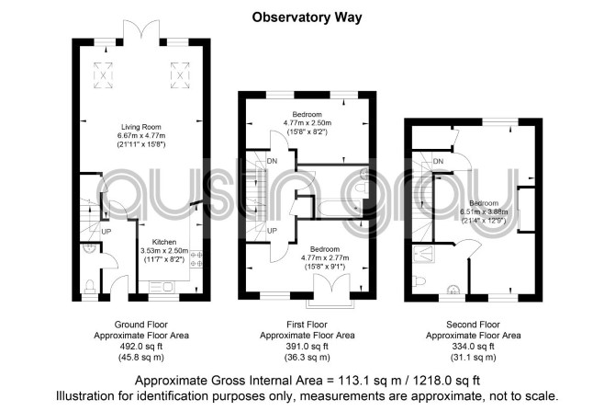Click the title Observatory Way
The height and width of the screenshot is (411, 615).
coord(307,17)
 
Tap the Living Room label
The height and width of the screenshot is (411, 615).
coord(141,127)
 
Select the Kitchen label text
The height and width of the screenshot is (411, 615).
coord(164,242)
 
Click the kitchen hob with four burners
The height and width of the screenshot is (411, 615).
coord(196,259)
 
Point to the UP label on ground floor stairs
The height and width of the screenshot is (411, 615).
coord(106,232)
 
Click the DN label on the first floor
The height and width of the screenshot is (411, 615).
coord(273,161)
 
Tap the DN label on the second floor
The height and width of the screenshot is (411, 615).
coord(439,161)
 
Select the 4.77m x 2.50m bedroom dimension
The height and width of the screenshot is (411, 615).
coord(307,123)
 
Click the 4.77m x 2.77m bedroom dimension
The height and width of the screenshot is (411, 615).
coord(325,257)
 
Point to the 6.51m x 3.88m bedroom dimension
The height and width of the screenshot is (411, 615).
coord(484,211)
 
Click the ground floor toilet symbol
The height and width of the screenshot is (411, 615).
coord(90,286)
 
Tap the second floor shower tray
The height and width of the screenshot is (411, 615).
coord(423,254)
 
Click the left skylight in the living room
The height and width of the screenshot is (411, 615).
coord(103,75)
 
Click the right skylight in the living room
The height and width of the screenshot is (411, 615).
coord(180,75)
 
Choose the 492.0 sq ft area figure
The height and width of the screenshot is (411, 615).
coord(141,347)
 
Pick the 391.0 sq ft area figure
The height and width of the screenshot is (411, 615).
coord(307,347)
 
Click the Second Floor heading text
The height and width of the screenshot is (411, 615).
coord(473,325)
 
